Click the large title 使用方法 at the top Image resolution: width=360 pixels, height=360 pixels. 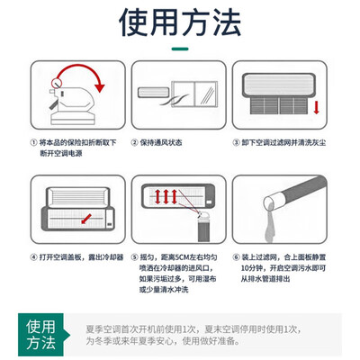pos(180,22)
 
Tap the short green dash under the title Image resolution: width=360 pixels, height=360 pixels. pos(180,49)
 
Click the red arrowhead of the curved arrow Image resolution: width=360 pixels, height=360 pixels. pos(100,88)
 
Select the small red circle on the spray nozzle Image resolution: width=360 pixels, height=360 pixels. pos(56,83)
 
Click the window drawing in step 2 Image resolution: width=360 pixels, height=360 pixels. pos(194,94)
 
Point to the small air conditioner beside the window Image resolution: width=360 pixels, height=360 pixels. pos(154,92)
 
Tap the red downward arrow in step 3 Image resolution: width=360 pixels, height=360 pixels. pos(316,108)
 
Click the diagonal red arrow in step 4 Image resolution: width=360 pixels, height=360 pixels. pos(86,219)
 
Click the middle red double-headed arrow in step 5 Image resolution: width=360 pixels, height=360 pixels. pos(166,196)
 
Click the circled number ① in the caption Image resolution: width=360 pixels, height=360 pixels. pos(34,142)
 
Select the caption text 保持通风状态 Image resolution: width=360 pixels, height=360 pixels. pos(161,142)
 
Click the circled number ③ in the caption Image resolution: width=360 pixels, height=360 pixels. pos(237,142)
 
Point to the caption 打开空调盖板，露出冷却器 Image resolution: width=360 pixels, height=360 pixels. pos(81,257)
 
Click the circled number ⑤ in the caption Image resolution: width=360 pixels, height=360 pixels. pos(135,257)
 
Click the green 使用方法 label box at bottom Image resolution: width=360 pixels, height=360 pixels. pos(40,335)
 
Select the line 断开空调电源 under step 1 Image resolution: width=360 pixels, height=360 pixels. pos(61,153)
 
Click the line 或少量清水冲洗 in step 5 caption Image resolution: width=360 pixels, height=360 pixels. pos(164,290)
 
